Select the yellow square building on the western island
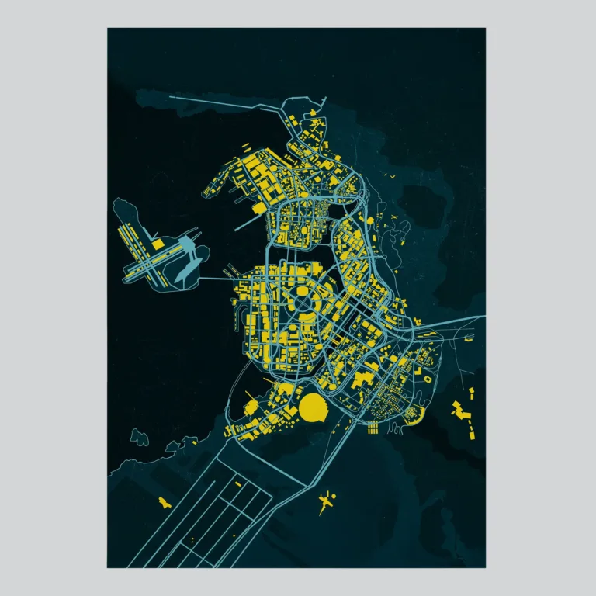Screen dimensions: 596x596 click(158, 244)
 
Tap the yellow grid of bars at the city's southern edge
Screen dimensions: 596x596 click(372, 426)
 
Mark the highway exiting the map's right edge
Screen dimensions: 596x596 click(466, 319)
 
